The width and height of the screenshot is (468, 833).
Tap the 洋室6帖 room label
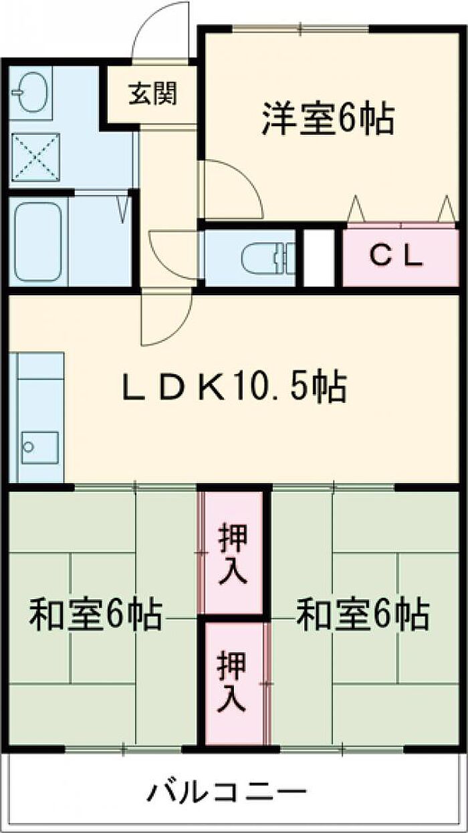point(328,119)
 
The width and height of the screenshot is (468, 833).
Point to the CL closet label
point(397,257)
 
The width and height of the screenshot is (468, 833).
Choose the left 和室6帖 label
point(96,615)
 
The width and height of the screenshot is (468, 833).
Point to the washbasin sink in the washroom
point(32,92)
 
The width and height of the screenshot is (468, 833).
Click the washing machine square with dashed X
point(35,157)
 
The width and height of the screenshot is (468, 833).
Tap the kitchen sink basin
point(40,448)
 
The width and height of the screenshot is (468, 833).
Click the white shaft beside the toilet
point(319,258)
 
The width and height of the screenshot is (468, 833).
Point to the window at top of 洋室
point(301,29)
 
